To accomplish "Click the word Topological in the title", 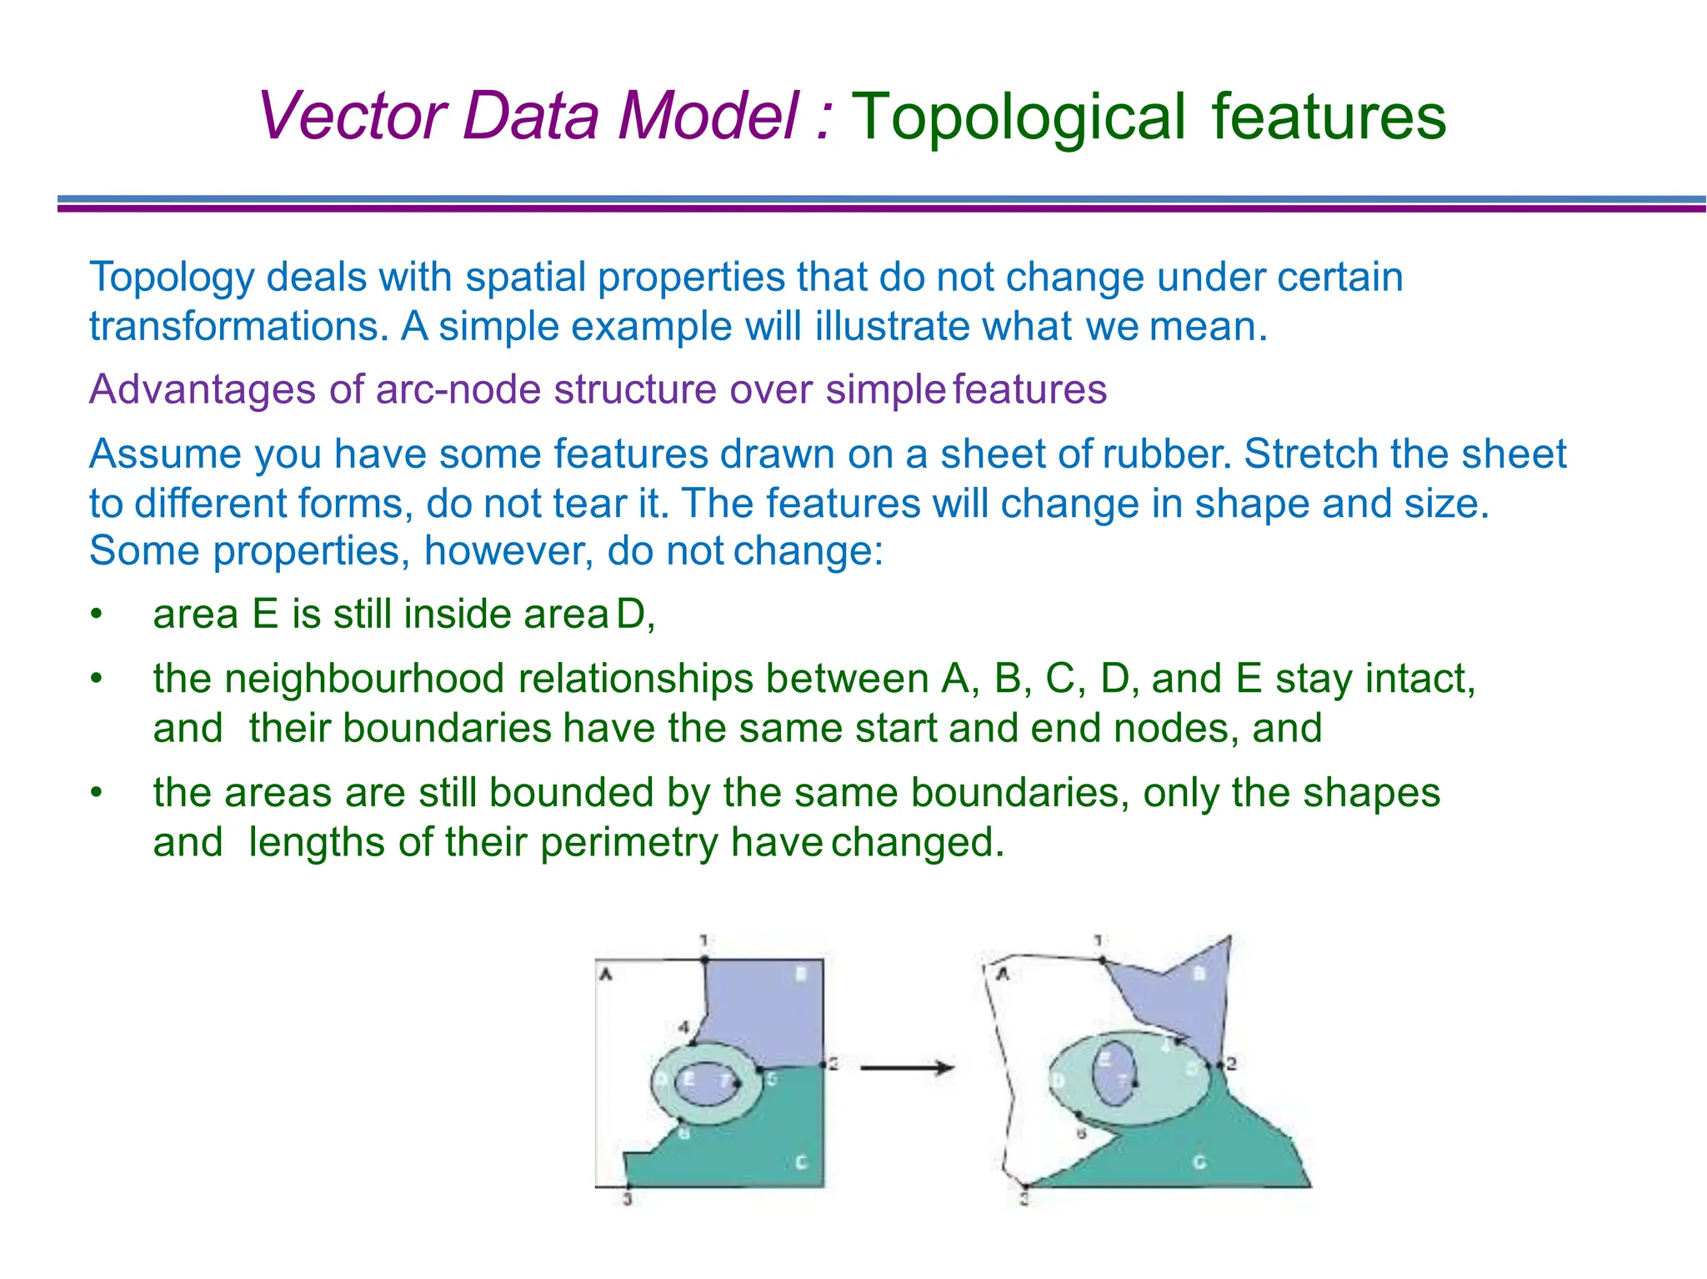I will click(1018, 117).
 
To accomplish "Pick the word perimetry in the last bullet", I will click(628, 842).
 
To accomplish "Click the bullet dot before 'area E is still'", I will click(97, 615).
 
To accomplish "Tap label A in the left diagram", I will click(607, 974).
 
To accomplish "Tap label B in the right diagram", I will click(1199, 973).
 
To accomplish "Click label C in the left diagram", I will click(801, 1161).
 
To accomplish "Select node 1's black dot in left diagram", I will click(704, 960).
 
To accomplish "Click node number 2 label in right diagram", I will click(1231, 1064).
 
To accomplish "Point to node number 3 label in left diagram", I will click(628, 1200).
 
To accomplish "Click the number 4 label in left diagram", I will click(683, 1026).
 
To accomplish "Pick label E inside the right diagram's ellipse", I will click(1104, 1060).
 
